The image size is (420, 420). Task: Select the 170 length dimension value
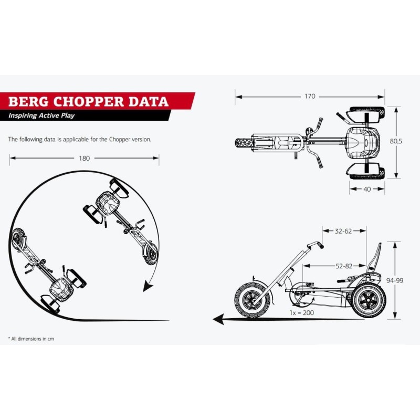click(310, 96)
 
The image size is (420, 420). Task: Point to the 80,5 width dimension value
click(404, 141)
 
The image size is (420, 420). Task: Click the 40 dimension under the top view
click(367, 188)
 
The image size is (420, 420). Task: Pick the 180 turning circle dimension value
click(84, 157)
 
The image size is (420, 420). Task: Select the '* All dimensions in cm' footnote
click(31, 339)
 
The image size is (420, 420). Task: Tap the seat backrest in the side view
click(375, 260)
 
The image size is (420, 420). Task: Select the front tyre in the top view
click(244, 142)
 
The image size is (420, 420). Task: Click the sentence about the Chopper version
click(79, 139)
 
